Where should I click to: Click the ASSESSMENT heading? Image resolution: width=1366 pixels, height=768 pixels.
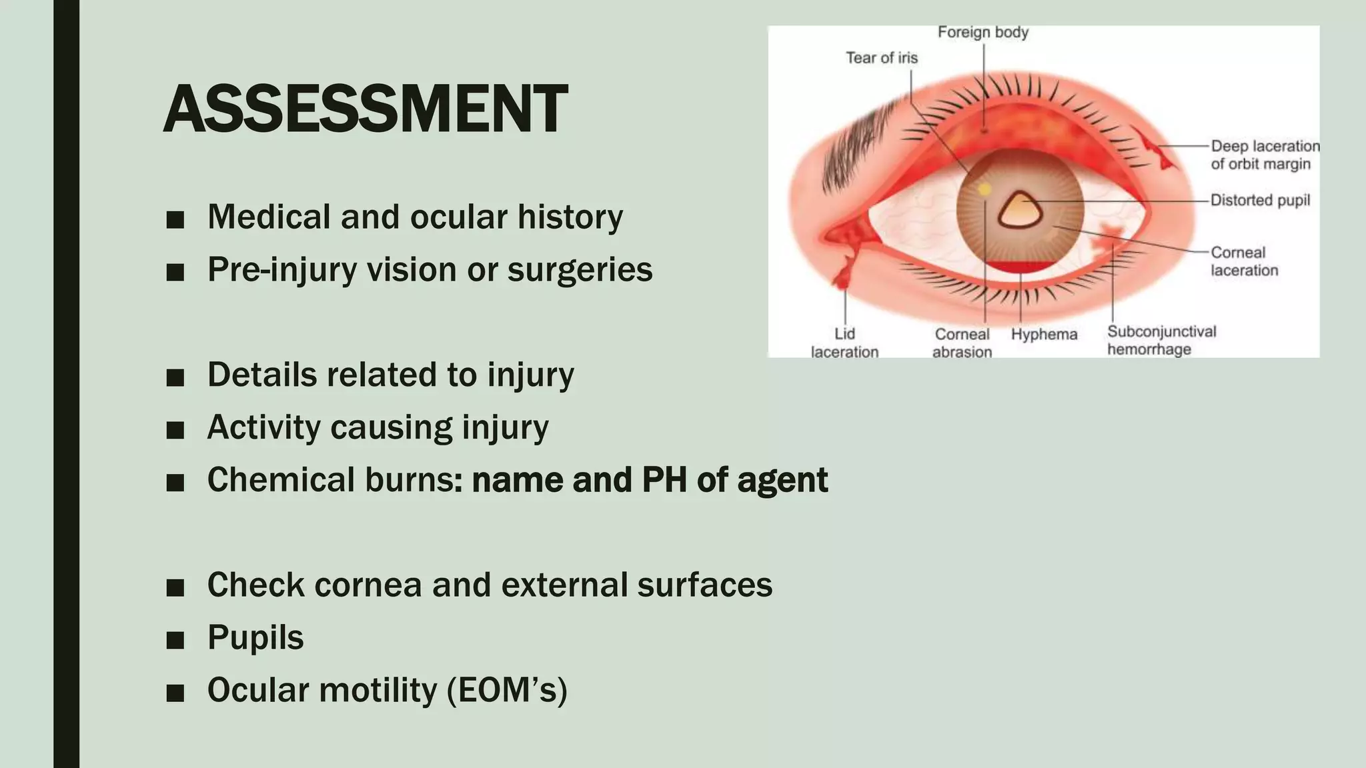click(365, 109)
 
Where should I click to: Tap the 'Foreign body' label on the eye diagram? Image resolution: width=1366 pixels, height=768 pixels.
click(982, 32)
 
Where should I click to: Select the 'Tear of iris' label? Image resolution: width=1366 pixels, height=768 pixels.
click(881, 58)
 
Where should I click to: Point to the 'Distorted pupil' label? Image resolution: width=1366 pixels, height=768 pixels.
click(1260, 200)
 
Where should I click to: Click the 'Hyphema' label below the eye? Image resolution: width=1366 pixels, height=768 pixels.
click(1044, 334)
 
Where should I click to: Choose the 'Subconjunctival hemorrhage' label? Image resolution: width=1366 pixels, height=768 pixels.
click(1161, 340)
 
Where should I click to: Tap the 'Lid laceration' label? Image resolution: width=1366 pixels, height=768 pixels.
click(844, 343)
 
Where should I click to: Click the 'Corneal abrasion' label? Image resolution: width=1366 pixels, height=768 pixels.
click(962, 343)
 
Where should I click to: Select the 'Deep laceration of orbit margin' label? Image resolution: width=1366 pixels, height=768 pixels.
click(1264, 155)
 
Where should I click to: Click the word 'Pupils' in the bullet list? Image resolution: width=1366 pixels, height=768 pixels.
click(255, 637)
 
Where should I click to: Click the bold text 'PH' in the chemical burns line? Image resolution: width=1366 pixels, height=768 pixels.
click(664, 479)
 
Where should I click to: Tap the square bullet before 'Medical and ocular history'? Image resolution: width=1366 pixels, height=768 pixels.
click(175, 219)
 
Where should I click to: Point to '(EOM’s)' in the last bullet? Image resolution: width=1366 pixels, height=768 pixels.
click(507, 689)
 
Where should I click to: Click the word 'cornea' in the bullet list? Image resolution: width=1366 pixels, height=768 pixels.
click(368, 585)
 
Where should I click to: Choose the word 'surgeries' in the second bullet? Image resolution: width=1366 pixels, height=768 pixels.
click(580, 269)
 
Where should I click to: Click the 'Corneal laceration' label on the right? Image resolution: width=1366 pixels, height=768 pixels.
click(1244, 261)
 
